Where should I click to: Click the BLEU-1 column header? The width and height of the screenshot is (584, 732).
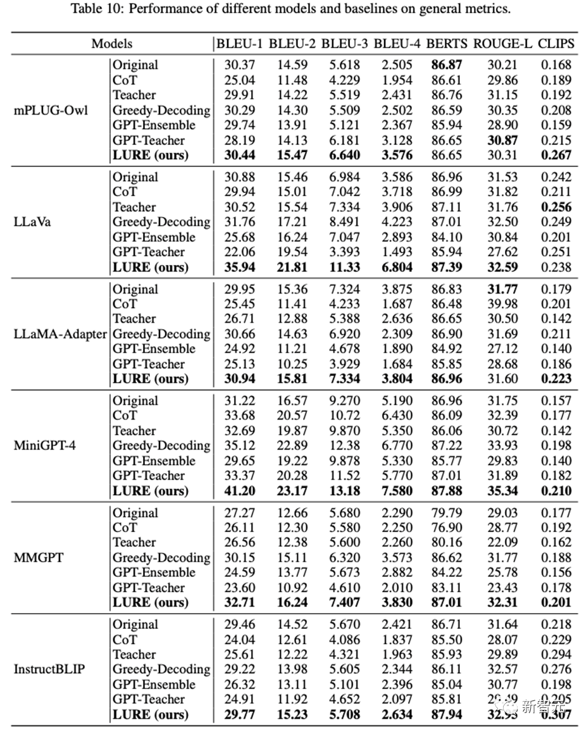coord(240,44)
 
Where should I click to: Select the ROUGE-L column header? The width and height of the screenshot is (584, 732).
coord(501,44)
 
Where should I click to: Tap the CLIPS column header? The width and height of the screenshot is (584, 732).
coord(556,44)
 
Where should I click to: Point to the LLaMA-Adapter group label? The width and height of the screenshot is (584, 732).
coord(61,333)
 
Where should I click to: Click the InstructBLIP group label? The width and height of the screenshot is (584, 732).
coord(49,669)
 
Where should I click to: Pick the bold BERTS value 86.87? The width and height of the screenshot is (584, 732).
coord(447,65)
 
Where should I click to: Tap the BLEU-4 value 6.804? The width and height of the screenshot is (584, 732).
coord(396,267)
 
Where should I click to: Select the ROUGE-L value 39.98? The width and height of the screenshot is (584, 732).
coord(502,304)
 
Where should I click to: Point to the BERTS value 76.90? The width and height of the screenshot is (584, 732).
coord(447,527)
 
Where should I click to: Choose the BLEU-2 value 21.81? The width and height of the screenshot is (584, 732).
coord(292,267)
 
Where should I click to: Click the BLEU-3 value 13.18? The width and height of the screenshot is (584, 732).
coord(344,491)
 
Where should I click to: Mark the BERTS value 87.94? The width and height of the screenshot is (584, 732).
coord(447,715)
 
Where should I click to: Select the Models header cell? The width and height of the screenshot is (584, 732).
coord(112,44)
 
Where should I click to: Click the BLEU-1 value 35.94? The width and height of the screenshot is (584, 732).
coord(240,267)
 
